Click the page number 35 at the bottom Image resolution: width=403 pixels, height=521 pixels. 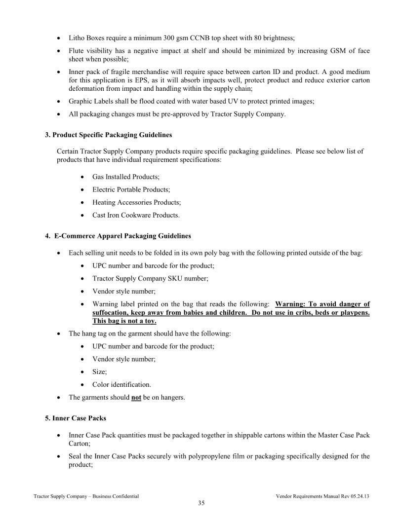coord(201,503)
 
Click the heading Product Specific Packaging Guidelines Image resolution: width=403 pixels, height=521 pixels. coord(112,135)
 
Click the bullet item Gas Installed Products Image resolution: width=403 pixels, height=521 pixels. coord(125,177)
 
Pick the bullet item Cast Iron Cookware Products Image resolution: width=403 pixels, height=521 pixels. coord(136,215)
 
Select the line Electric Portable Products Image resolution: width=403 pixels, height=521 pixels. coord(131,189)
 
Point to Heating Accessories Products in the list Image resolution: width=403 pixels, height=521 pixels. coord(136,202)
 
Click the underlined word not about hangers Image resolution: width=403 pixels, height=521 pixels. coord(136,398)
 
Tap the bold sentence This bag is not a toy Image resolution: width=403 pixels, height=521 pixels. coord(124,321)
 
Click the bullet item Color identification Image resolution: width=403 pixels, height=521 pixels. coord(121,385)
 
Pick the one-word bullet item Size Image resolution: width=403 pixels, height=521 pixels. coord(99,372)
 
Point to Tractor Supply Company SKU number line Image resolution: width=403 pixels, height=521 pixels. coord(150,279)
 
